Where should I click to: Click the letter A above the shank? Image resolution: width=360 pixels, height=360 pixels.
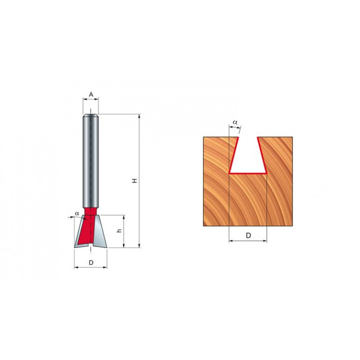(91, 94)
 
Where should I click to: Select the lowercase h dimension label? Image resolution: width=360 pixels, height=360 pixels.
(119, 230)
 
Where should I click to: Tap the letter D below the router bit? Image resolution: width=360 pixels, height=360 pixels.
(91, 262)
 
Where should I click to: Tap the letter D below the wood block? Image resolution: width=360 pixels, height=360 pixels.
(248, 235)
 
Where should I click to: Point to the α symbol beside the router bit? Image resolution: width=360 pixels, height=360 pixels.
(77, 213)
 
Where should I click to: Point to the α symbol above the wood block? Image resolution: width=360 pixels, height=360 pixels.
(235, 122)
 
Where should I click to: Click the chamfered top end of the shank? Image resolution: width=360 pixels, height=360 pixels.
(91, 116)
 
